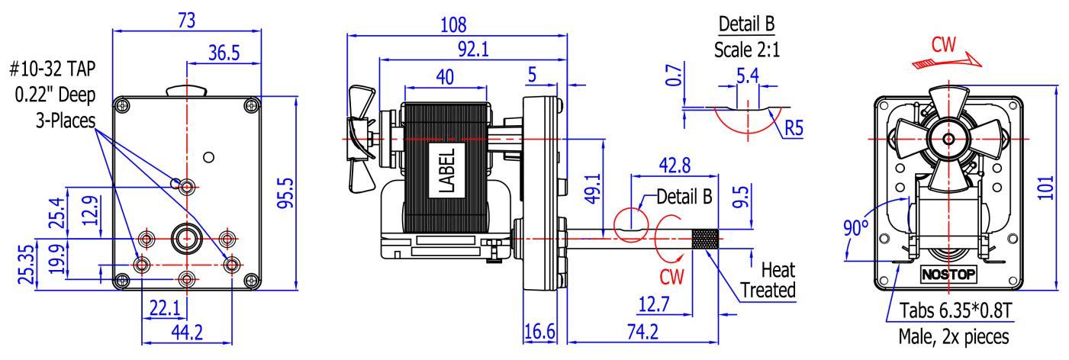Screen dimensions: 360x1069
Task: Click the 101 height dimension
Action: [1047, 188]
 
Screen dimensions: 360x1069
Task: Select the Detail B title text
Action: [746, 24]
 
